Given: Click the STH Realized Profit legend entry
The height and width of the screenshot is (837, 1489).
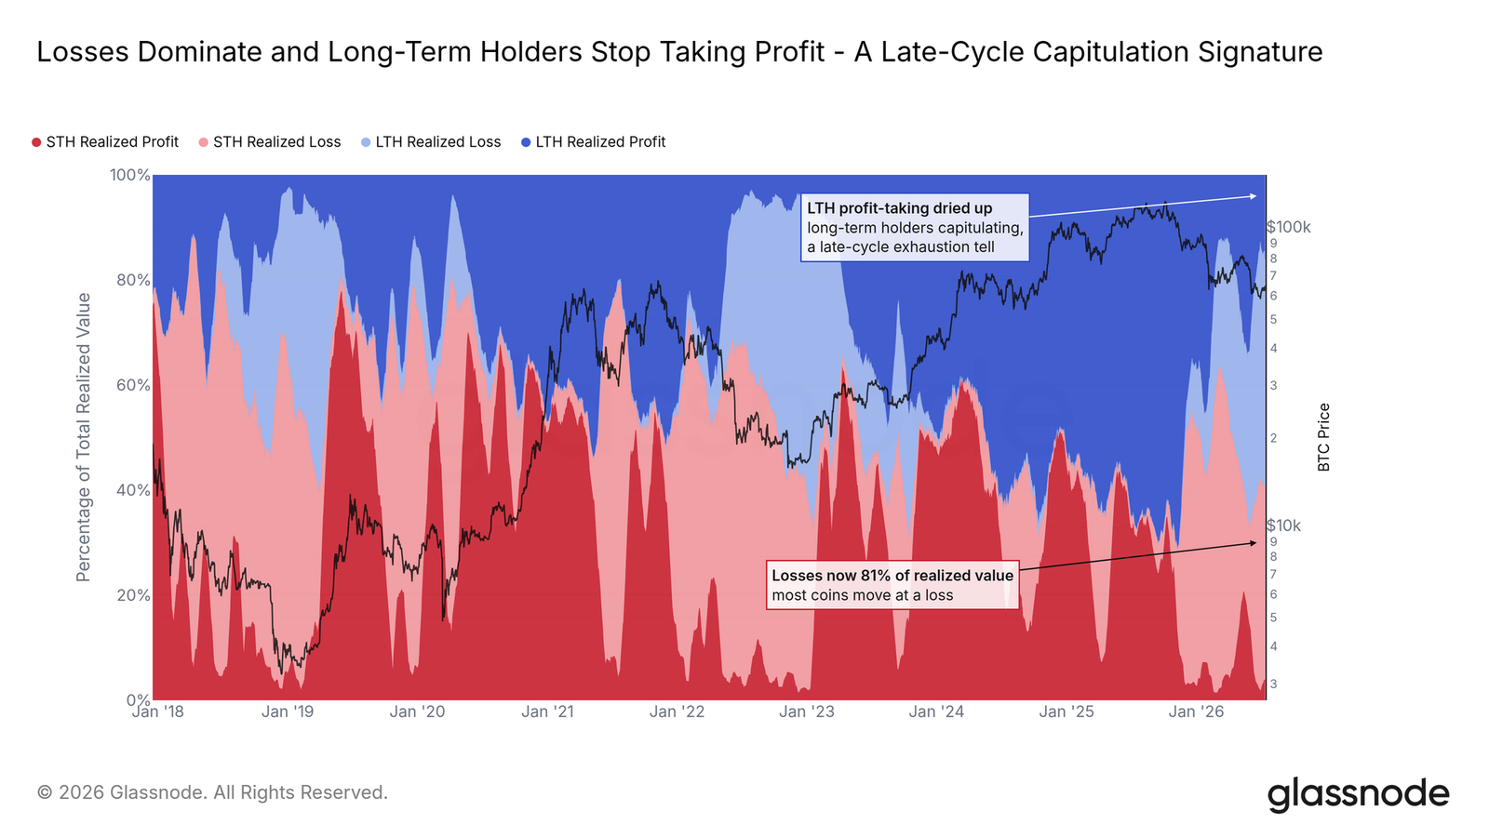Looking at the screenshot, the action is (x=105, y=142).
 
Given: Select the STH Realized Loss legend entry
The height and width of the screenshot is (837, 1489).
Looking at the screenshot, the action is (x=270, y=142).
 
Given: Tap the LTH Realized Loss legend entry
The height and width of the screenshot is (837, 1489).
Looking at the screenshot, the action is (x=431, y=142).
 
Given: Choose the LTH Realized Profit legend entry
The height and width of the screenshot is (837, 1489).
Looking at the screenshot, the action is (x=593, y=142).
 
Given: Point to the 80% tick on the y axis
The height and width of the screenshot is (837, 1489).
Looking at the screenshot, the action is (x=134, y=280).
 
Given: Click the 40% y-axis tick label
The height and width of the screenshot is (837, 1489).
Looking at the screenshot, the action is (x=134, y=490).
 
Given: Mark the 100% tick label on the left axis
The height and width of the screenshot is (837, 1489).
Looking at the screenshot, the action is (x=129, y=176).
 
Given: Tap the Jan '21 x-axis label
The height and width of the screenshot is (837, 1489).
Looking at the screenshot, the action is (x=547, y=712).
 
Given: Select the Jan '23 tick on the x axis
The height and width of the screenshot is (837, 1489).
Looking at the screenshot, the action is (x=806, y=712).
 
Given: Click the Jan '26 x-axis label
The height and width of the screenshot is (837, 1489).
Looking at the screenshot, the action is (x=1196, y=712).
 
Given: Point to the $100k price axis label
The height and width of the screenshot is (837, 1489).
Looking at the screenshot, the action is (x=1288, y=227).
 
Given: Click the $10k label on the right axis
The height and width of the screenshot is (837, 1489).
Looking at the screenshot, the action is (x=1283, y=526).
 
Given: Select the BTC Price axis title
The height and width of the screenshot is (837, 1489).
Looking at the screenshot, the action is (x=1323, y=437).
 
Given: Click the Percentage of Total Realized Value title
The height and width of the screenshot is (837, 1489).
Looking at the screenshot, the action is (x=83, y=437).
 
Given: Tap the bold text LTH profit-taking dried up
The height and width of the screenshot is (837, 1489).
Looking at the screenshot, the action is (x=899, y=208).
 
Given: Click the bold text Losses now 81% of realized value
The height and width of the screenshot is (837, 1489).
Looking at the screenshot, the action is (x=892, y=576).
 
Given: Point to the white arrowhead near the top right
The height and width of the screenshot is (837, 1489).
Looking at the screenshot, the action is (x=1253, y=196).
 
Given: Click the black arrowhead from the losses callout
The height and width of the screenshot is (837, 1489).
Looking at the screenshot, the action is (x=1253, y=543).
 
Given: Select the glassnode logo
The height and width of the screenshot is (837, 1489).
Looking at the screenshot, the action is (x=1358, y=794).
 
